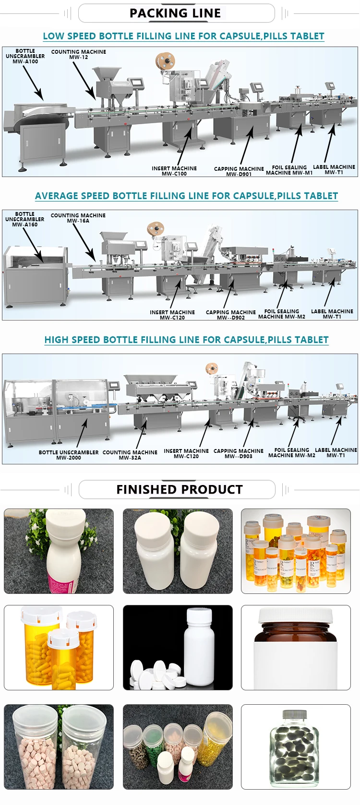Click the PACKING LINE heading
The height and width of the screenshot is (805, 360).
pos(175,13)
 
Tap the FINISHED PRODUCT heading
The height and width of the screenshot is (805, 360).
pos(180,489)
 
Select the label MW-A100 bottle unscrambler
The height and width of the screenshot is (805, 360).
pos(25,56)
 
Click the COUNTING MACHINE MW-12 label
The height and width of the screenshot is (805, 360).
pos(78,54)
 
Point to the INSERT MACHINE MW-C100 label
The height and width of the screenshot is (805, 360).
pos(174,171)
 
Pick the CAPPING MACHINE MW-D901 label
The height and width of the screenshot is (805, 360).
pos(239,171)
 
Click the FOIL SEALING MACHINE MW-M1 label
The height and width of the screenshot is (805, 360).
pos(289,170)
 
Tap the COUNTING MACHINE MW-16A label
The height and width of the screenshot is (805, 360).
pos(78,218)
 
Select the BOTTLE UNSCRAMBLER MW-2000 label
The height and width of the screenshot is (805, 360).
pos(69,455)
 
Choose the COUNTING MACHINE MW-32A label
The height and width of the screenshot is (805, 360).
pos(130,455)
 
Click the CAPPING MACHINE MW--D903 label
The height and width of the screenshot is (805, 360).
pos(239,453)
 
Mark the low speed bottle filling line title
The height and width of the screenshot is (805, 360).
pos(183,36)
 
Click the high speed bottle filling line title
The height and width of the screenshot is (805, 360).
pos(186,340)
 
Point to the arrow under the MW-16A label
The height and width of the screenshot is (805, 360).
pos(86,242)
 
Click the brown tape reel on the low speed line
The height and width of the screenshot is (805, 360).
pos(165,61)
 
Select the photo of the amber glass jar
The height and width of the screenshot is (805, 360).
pos(296,648)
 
